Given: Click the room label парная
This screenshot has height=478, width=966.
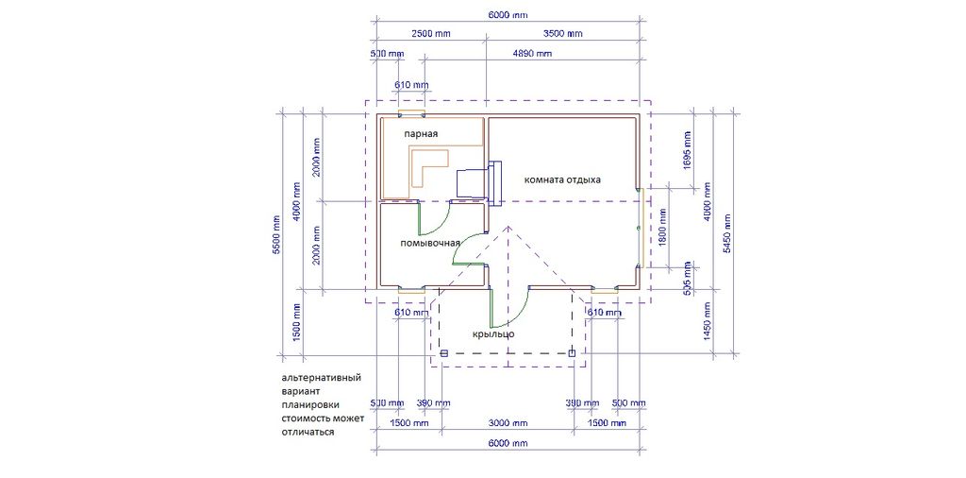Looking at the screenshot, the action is [421, 133].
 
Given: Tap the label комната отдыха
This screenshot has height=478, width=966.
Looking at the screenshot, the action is [562, 180].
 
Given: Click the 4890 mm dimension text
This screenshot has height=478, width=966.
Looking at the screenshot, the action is [532, 54].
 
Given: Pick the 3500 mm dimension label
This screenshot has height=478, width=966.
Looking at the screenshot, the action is [562, 33].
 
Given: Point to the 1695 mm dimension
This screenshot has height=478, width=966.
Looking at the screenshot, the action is [688, 151].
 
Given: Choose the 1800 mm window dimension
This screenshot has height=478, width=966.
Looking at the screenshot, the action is [663, 227].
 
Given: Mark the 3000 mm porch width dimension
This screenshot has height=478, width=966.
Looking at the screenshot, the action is [508, 423].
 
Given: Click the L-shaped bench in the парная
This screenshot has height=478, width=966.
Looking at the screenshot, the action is [430, 166].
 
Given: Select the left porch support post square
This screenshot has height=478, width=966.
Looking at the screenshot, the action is [443, 353].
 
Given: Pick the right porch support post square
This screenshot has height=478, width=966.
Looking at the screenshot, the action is [572, 353].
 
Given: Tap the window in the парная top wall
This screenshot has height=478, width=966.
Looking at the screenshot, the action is [411, 114].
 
